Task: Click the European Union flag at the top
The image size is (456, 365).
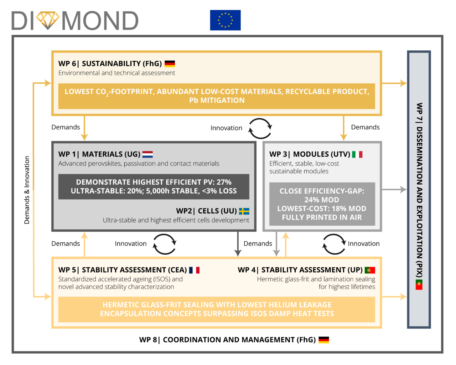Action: pyautogui.click(x=225, y=20)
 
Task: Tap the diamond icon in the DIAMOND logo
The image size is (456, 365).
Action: pyautogui.click(x=48, y=20)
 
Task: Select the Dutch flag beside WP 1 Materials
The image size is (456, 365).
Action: pyautogui.click(x=147, y=154)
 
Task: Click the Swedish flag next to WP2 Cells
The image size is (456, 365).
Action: pyautogui.click(x=244, y=211)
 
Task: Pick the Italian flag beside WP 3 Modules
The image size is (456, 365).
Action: pyautogui.click(x=357, y=154)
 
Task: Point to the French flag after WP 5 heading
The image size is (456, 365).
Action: pyautogui.click(x=194, y=270)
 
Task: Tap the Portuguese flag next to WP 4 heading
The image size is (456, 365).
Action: pyautogui.click(x=370, y=270)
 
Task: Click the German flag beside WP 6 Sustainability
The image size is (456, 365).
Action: pyautogui.click(x=170, y=64)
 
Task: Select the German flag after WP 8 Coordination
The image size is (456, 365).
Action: pyautogui.click(x=324, y=340)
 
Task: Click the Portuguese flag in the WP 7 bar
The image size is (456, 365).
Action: pyautogui.click(x=419, y=284)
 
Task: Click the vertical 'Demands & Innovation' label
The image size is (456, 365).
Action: pyautogui.click(x=27, y=190)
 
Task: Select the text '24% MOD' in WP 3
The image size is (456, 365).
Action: pyautogui.click(x=322, y=200)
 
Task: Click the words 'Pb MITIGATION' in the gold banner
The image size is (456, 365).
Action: pyautogui.click(x=217, y=100)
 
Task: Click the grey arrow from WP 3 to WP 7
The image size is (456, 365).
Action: pyautogui.click(x=394, y=189)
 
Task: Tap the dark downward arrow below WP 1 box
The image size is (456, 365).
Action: pyautogui.click(x=238, y=244)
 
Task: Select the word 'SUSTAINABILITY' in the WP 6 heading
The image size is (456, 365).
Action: pyautogui.click(x=111, y=64)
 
